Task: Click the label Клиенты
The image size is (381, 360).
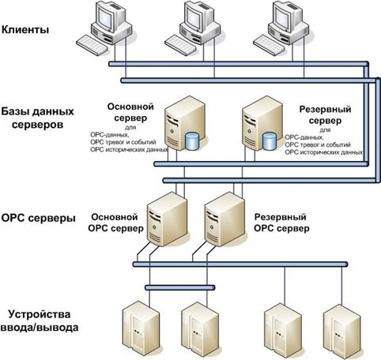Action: coord(25,29)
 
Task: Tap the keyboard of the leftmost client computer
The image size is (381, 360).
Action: coord(92,45)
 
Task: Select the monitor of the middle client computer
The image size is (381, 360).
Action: coord(196,16)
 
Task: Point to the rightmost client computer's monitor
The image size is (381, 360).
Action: coord(285,16)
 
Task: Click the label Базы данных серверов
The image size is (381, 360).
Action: coord(37,118)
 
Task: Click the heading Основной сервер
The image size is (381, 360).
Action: coord(130,112)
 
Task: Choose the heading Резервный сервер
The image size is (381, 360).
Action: coord(325,114)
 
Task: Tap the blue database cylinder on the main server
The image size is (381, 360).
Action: coord(192,141)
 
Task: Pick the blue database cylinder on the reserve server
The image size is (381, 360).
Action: coord(270,141)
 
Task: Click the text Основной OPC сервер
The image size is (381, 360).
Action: coord(115,223)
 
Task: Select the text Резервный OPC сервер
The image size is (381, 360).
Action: coord(281,223)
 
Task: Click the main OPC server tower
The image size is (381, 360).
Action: coord(168,219)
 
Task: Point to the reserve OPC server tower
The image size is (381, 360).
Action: coord(224,219)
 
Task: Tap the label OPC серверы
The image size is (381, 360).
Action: coord(39,219)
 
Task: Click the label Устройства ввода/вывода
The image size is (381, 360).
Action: coord(40,321)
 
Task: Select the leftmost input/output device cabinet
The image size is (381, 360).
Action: coord(141,329)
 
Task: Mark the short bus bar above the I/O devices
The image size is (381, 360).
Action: coord(180,287)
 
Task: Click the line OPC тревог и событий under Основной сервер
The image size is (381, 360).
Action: coord(123,142)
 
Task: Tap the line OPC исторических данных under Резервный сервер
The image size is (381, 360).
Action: coord(324,152)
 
